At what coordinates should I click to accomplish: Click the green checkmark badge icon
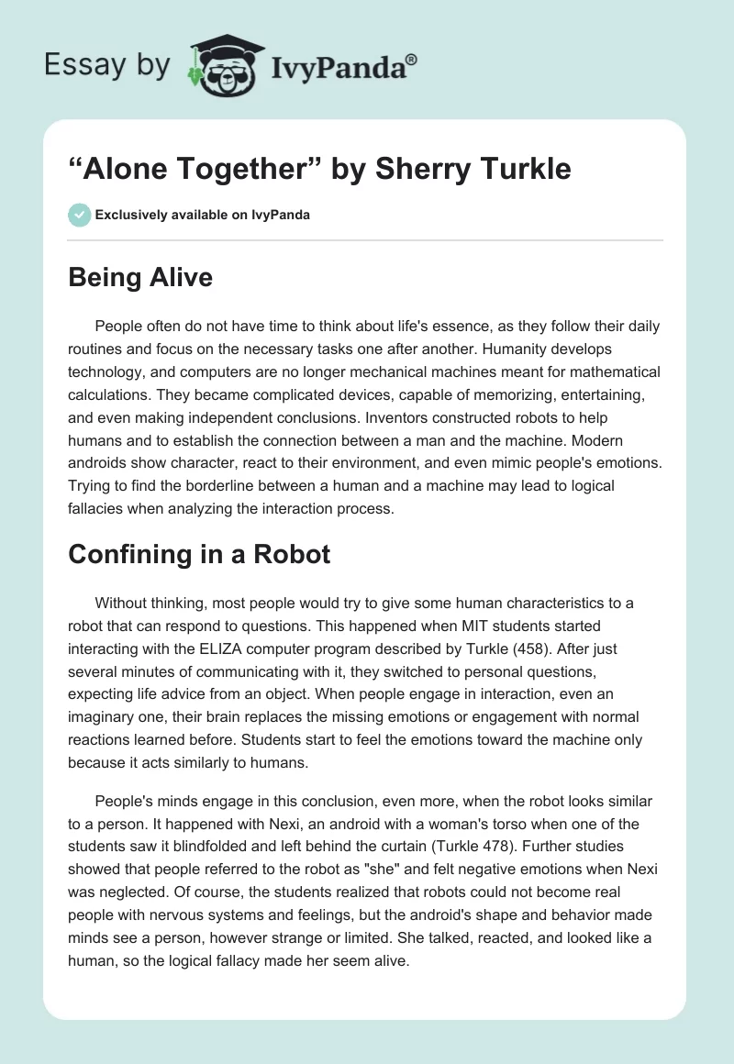(x=78, y=215)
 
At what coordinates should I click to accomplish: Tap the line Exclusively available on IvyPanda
(x=202, y=215)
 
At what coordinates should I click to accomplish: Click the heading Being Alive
(x=139, y=277)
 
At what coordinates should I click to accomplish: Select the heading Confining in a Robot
(x=199, y=554)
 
